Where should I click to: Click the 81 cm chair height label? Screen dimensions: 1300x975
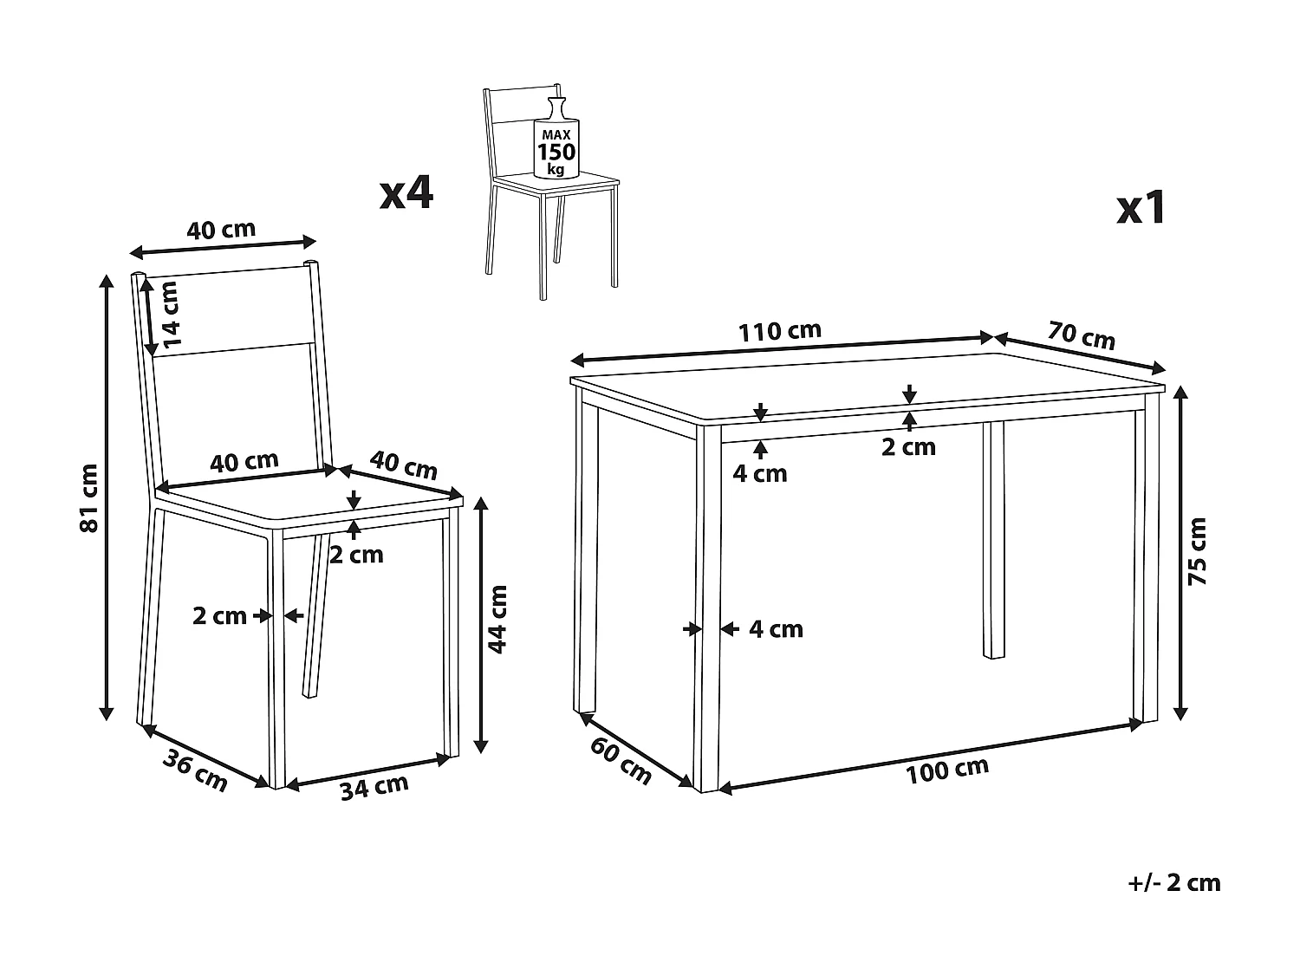tap(89, 498)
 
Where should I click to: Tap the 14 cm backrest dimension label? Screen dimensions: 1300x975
tap(169, 315)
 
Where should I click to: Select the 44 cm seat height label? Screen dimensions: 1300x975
tap(497, 619)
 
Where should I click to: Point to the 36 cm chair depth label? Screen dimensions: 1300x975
tap(195, 770)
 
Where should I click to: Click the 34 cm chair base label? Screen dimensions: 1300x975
tap(374, 787)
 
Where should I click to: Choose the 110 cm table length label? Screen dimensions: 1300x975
tap(779, 331)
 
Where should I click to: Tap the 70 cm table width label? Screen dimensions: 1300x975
tap(1082, 335)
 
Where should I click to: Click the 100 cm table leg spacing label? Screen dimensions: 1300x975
tap(947, 770)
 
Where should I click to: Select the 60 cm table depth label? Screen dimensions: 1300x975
tap(621, 762)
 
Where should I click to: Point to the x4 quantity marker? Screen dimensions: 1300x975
tap(406, 192)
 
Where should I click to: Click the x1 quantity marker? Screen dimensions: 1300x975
tap(1141, 207)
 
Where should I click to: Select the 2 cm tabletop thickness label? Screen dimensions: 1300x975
tap(908, 447)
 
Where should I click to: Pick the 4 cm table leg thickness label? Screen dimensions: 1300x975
tap(776, 628)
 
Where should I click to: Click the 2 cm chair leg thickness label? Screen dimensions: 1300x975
tap(219, 615)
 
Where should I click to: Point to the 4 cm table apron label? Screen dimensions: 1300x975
tap(760, 473)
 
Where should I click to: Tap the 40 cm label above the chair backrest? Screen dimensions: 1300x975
tap(221, 229)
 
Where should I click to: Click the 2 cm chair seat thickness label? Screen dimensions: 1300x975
tap(356, 555)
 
